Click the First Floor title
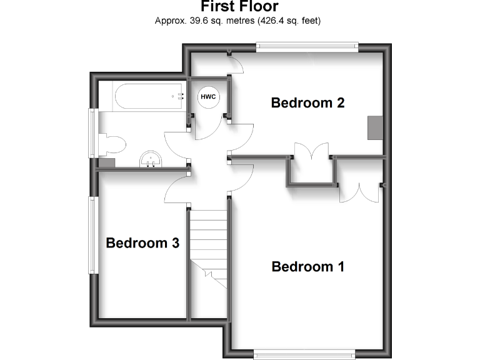point(239,7)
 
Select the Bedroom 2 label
point(308,102)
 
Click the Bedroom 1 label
point(308,267)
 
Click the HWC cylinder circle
point(208,97)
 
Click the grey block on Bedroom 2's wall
point(375,127)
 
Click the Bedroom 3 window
point(93,234)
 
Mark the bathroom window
point(93,133)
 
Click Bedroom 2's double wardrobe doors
point(311,152)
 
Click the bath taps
point(178,96)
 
